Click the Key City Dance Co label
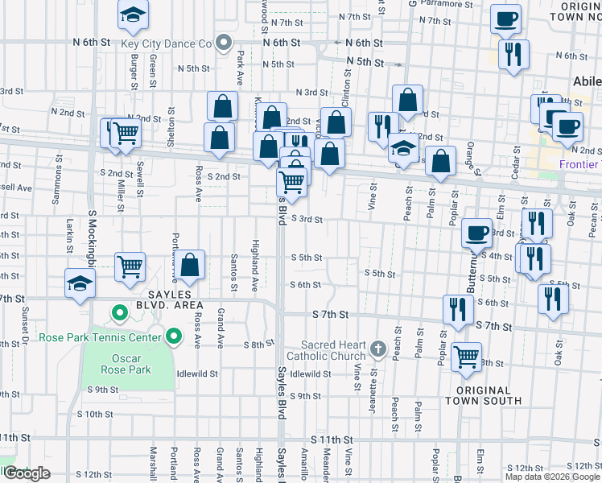pyautogui.click(x=166, y=43)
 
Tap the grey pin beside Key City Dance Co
pyautogui.click(x=225, y=43)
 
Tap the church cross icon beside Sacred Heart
pyautogui.click(x=379, y=349)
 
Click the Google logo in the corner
pyautogui.click(x=26, y=473)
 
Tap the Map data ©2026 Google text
pyautogui.click(x=551, y=477)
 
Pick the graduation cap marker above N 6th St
pyautogui.click(x=133, y=14)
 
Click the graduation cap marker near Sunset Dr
pyautogui.click(x=80, y=285)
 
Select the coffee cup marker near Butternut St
pyautogui.click(x=477, y=233)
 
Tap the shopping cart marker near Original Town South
pyautogui.click(x=466, y=357)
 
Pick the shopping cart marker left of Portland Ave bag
pyautogui.click(x=130, y=266)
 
